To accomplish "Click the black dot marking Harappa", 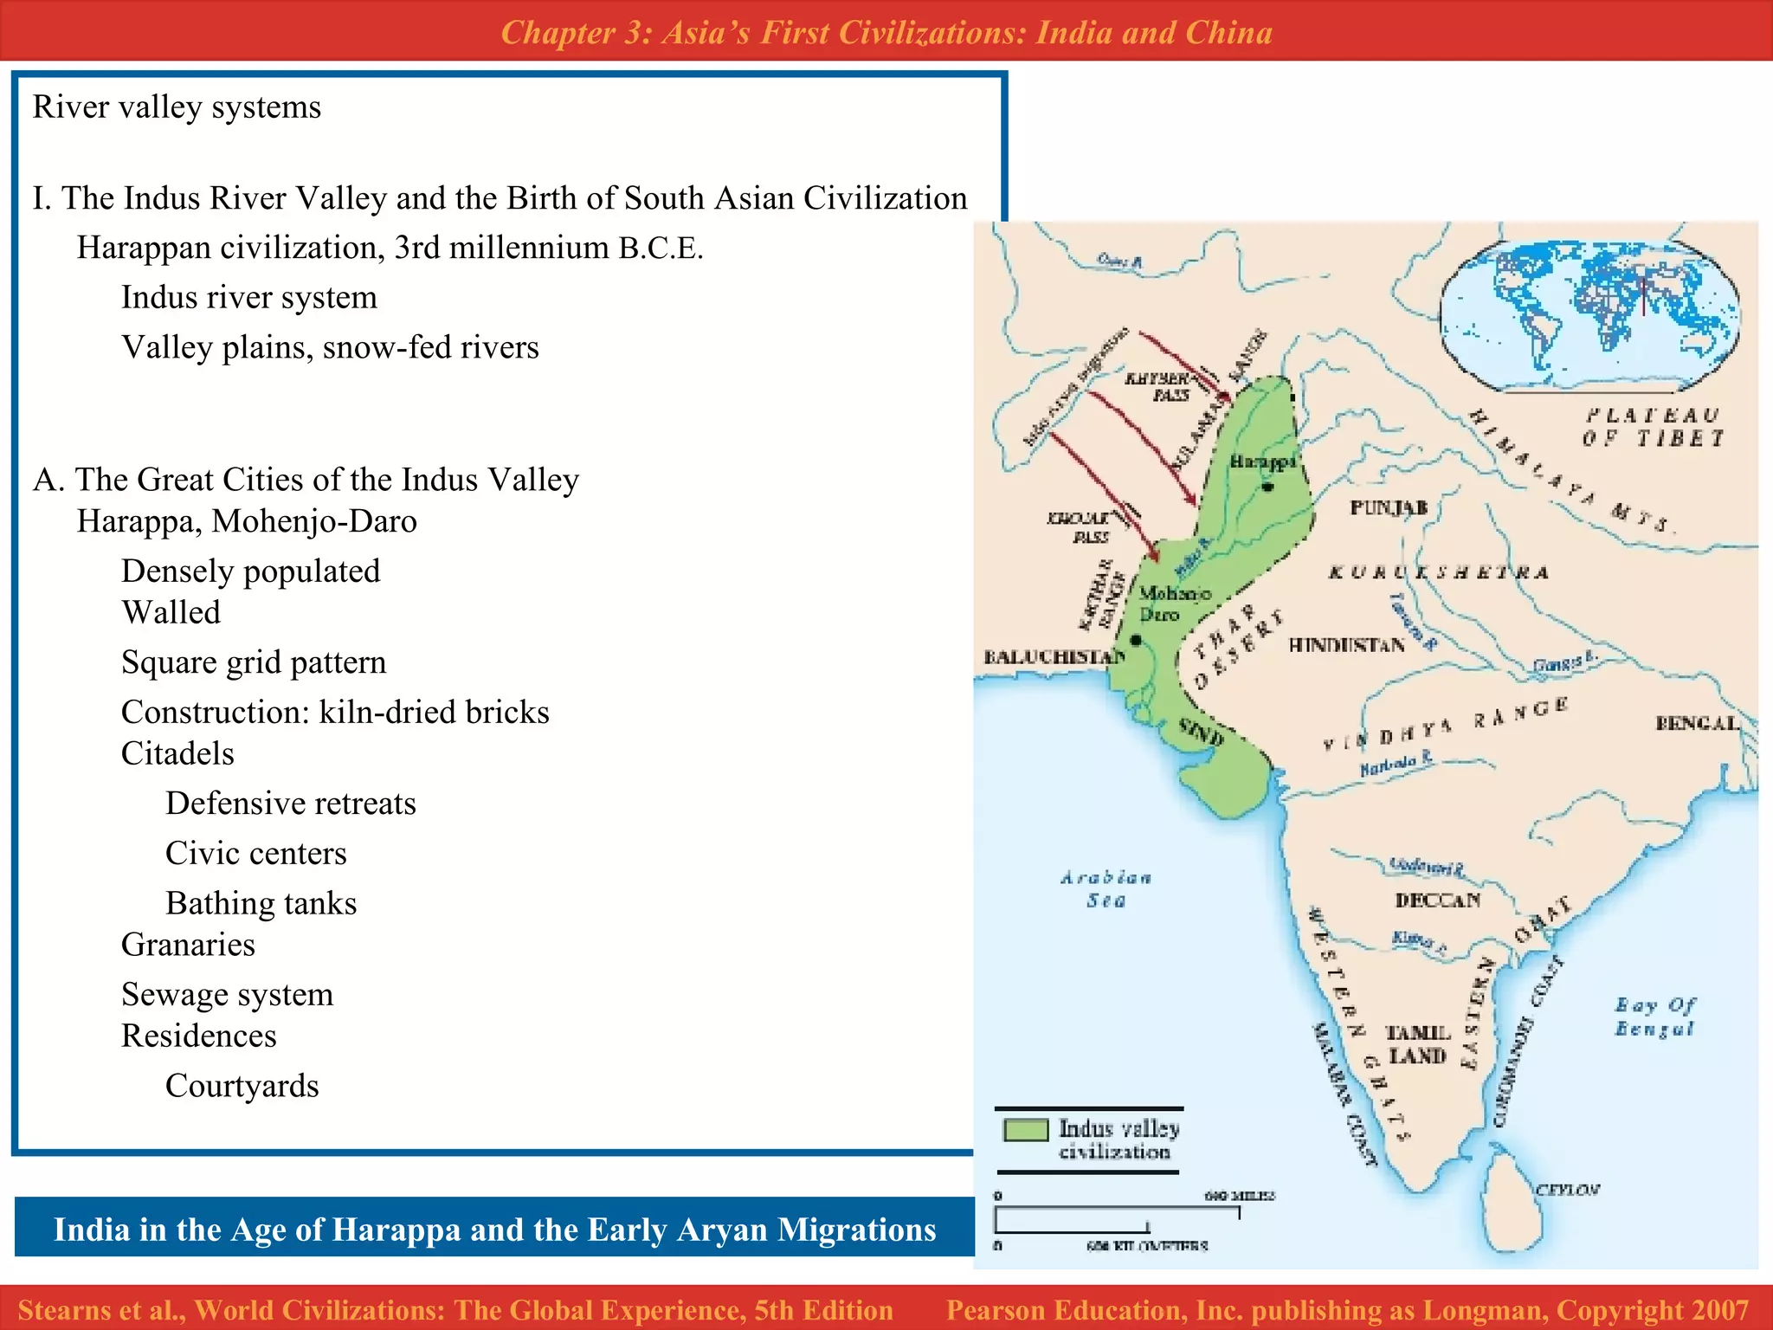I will [x=1268, y=487].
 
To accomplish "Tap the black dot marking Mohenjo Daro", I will [x=1136, y=640].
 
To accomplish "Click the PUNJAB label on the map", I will [x=1389, y=507].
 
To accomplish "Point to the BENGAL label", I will [x=1697, y=723].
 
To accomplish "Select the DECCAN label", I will [x=1438, y=901].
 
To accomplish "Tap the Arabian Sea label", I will [x=1106, y=889].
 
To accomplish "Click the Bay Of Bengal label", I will [x=1654, y=1017].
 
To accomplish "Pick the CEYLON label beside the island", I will [x=1568, y=1190].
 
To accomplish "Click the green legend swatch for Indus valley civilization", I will [x=1026, y=1130].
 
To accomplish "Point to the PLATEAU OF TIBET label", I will [x=1653, y=427].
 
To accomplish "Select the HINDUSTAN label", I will [x=1346, y=645].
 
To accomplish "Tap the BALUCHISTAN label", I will [x=1054, y=657].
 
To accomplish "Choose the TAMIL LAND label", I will [x=1418, y=1044].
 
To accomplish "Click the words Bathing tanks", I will [x=261, y=903].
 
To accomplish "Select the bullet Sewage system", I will [x=227, y=994].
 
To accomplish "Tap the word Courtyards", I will [x=242, y=1086].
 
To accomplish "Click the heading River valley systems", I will [x=177, y=107].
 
